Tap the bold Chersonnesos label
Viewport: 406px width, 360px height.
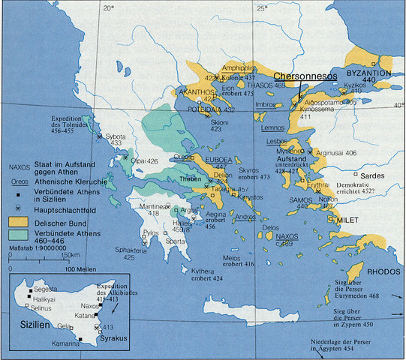[x=302, y=76]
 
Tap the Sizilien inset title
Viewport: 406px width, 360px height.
[x=29, y=327]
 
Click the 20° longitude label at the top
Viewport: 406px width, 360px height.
[x=108, y=8]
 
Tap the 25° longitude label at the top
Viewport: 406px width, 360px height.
[x=260, y=8]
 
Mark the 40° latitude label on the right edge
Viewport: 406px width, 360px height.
[x=398, y=106]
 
